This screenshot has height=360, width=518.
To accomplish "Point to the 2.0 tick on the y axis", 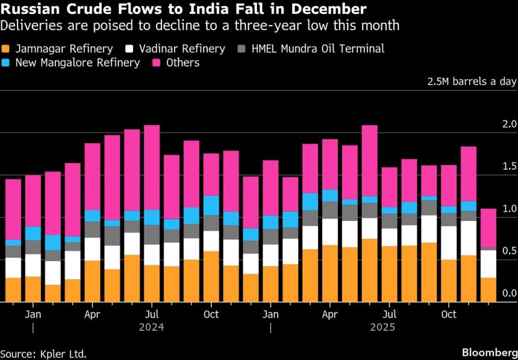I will pos(510,124).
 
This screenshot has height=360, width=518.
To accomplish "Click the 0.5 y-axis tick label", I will pos(510,251).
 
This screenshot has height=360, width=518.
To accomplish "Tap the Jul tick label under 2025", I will pos(390,314).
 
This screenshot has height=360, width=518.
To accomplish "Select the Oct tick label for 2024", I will pos(211,314).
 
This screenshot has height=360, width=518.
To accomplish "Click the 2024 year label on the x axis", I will pos(151,327).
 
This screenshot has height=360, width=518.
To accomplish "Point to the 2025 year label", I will pos(382,327).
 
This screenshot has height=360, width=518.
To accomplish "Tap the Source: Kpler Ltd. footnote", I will pos(43,353).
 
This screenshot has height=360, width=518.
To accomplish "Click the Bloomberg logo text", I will pos(488,352).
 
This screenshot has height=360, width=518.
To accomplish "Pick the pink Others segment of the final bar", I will pos(488,228).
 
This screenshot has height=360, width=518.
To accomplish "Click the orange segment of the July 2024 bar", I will pos(152,283).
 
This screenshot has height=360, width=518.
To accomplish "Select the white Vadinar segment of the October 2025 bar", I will pos(449,243).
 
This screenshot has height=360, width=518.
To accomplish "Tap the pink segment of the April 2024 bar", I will pos(92,176).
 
